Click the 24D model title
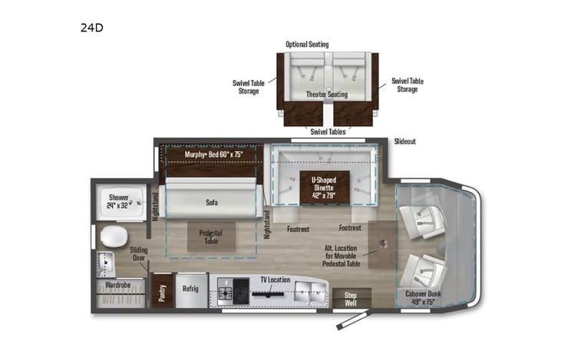click(x=91, y=28)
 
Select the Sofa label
click(x=210, y=203)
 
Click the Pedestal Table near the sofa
click(x=210, y=236)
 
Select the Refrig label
click(x=190, y=291)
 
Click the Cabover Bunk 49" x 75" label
click(x=424, y=297)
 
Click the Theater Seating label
click(x=327, y=94)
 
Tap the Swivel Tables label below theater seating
click(x=327, y=131)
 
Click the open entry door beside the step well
click(x=349, y=319)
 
